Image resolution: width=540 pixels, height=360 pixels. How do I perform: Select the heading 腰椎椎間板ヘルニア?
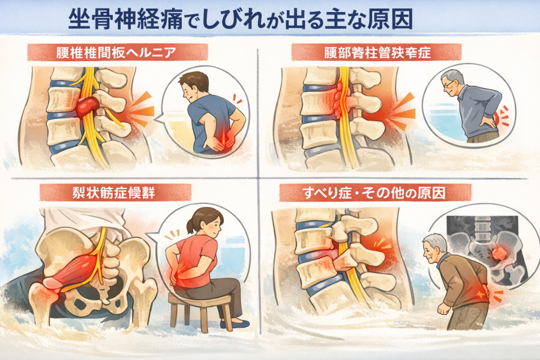pos(116,53)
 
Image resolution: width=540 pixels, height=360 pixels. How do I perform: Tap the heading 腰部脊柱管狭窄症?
pos(377,53)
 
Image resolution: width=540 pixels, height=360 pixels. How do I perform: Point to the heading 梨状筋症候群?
pos(113,193)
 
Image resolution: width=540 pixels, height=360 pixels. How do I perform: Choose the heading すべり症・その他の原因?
pos(374,193)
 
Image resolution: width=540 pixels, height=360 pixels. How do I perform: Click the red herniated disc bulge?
pos(87,107)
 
